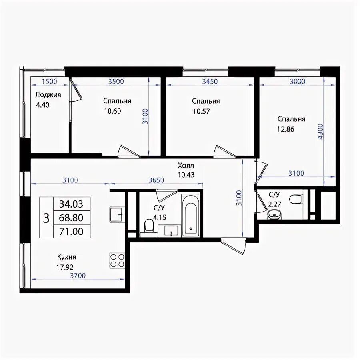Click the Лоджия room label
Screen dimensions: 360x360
coord(48,95)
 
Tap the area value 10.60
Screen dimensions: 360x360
coord(112,111)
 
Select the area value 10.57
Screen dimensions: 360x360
coord(201,111)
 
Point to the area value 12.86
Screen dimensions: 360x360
coord(286,129)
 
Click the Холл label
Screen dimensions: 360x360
coord(186,165)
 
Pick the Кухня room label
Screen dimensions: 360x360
coord(66,257)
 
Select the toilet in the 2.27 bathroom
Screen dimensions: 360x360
coord(296,199)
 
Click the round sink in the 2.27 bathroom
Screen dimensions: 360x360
coord(274,214)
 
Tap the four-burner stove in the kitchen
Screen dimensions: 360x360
coord(117,260)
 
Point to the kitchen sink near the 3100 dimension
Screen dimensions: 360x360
coord(117,214)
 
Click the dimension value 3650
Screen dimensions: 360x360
coord(156,180)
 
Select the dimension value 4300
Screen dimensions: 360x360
coord(320,131)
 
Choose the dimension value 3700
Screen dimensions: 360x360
coord(78,276)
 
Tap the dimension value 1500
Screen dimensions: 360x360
coord(50,82)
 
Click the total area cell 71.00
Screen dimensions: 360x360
coord(71,232)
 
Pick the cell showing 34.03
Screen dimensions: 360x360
coord(71,204)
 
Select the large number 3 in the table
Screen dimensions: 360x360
coord(46,218)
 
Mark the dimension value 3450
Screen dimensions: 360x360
coord(210,82)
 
